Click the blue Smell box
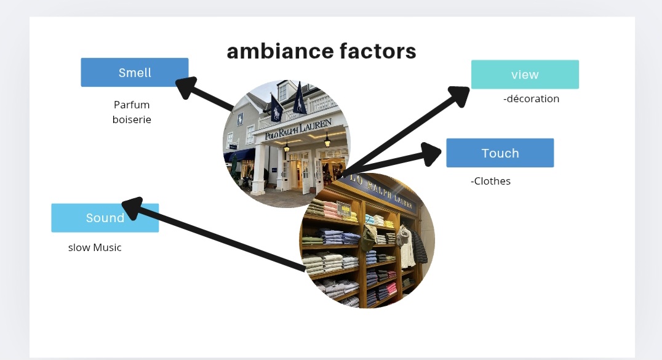point(134,72)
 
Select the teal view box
point(524,74)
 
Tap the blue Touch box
point(500,153)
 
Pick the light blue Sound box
point(105,218)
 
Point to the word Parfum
point(132,105)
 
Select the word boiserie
point(132,119)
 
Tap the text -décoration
point(531,98)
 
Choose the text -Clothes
point(490,181)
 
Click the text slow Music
point(95,247)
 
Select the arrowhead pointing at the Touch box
point(432,152)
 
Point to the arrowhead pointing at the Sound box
point(133,207)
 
